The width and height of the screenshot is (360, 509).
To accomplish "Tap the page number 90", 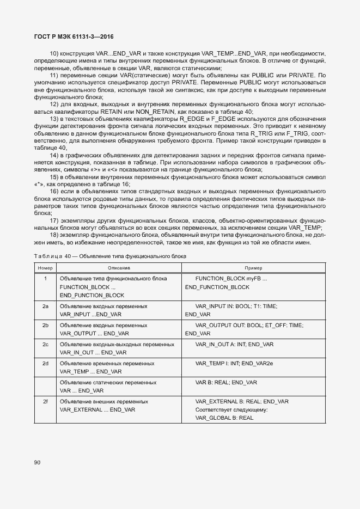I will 37,462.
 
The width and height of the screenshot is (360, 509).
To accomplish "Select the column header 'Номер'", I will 45,268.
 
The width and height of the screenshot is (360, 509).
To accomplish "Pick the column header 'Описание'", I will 119,268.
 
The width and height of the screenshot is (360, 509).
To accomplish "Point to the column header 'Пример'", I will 253,268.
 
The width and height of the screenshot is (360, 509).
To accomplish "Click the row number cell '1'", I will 45,278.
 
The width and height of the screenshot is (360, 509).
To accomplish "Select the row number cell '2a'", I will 45,306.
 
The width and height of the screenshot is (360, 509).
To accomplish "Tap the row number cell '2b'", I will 45,325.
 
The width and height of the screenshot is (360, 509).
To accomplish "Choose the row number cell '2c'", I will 45,344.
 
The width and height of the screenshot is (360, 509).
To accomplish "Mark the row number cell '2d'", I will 45,363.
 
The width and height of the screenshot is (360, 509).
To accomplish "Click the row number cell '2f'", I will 45,401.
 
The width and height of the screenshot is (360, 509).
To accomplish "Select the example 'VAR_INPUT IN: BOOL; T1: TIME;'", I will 236,306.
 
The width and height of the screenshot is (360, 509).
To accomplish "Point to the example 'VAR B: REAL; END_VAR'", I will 226,382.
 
